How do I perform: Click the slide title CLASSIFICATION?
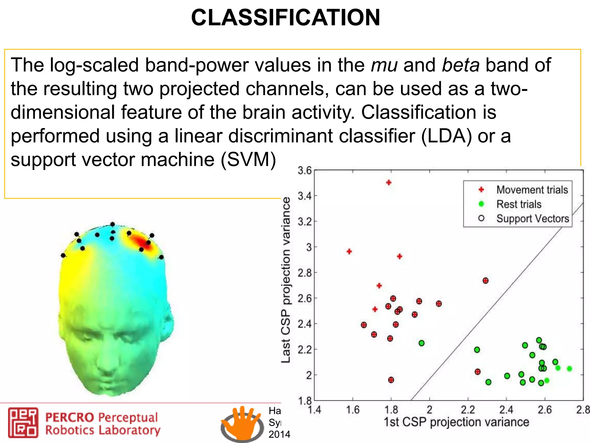tap(285, 18)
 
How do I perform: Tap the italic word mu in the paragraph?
tap(384, 65)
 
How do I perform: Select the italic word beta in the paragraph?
tap(461, 65)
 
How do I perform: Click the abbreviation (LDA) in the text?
tap(446, 136)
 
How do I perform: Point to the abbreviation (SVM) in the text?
tap(248, 160)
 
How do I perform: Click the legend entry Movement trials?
tap(532, 190)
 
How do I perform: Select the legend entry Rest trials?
tap(519, 204)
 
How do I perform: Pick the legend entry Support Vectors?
tap(532, 219)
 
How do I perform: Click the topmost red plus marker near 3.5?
tap(389, 183)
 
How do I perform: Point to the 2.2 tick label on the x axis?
tap(468, 410)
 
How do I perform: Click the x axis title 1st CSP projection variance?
tap(457, 422)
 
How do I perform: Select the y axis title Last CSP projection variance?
tap(286, 280)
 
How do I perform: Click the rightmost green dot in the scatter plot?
tap(569, 369)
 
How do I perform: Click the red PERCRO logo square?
tap(23, 423)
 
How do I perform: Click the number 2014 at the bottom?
tap(279, 434)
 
